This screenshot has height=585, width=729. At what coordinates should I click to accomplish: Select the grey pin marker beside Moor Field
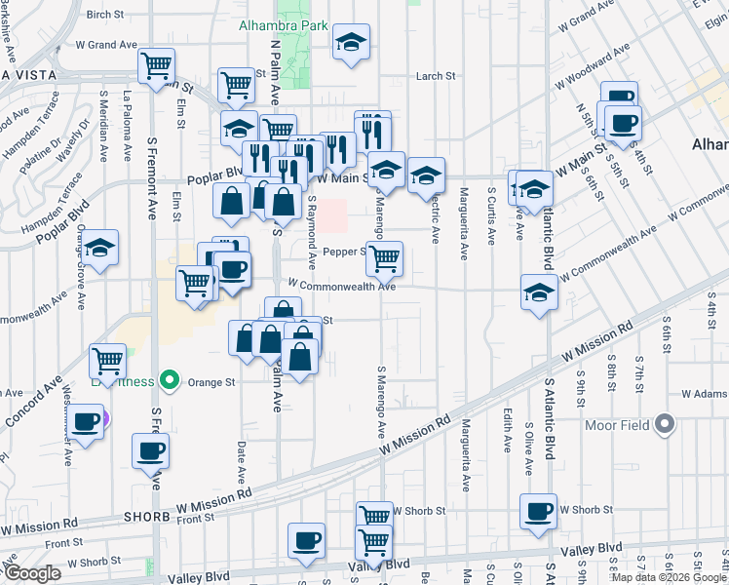point(666,423)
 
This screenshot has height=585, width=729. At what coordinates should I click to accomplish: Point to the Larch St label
point(436,76)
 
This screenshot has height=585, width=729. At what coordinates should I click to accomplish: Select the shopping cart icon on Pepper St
point(385,257)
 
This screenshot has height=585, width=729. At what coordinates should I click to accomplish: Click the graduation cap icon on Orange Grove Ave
point(99,249)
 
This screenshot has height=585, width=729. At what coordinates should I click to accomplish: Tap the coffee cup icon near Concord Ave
point(86,422)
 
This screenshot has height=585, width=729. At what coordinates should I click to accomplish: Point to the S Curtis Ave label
point(491,215)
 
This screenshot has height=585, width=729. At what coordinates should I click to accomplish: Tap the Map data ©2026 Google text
point(668,577)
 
